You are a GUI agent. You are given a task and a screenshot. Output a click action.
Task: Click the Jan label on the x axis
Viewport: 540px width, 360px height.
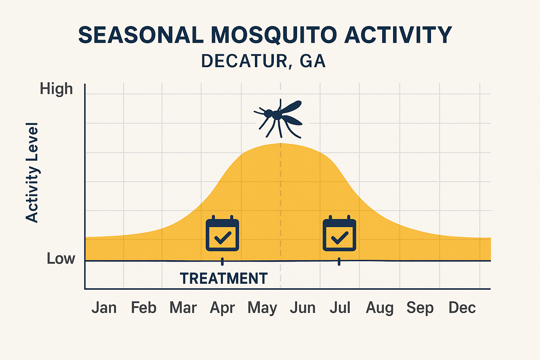tap(104, 308)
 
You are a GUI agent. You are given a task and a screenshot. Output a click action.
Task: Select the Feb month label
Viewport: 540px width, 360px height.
tap(143, 308)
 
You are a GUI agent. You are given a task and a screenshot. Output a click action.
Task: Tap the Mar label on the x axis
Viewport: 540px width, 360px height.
tap(183, 308)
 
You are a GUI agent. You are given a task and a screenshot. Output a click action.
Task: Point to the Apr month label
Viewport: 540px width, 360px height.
tap(222, 308)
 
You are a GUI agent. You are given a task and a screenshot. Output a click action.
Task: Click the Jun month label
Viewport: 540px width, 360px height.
tap(302, 308)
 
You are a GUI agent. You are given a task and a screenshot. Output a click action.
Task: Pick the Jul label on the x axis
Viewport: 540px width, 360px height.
tap(340, 308)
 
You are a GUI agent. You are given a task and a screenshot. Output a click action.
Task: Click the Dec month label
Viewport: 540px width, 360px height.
tap(462, 308)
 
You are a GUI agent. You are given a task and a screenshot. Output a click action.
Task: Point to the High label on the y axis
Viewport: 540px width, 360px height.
tap(56, 89)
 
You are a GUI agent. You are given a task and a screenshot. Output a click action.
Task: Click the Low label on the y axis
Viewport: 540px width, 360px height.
tap(61, 259)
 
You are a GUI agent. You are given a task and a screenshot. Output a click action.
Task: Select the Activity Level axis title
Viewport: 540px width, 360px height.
tap(32, 172)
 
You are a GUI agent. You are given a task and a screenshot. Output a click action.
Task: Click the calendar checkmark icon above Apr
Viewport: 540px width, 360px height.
tap(222, 234)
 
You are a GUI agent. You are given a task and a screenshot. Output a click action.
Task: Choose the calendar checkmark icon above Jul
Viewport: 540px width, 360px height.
tap(339, 234)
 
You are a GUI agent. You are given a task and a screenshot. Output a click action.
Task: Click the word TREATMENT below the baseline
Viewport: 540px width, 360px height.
tap(224, 278)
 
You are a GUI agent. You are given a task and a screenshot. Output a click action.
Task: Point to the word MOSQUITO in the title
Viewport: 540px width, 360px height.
tap(274, 35)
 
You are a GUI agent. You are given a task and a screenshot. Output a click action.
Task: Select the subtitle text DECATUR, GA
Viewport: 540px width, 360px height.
tap(263, 61)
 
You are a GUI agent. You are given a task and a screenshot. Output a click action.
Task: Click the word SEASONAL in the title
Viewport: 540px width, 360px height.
tap(141, 35)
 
